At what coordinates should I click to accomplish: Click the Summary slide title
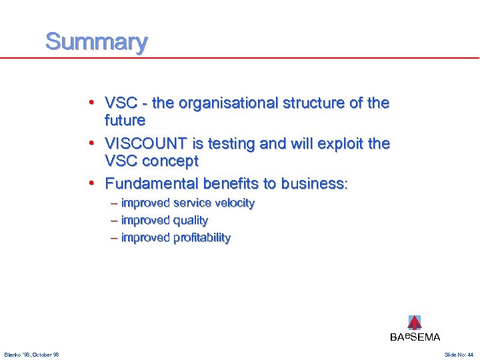(x=96, y=42)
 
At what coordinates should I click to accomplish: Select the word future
(x=125, y=121)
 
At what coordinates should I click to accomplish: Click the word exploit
(x=343, y=144)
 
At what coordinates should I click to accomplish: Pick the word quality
(x=191, y=220)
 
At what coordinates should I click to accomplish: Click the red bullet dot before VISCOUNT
(x=97, y=144)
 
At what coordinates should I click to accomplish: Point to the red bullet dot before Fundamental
(x=97, y=183)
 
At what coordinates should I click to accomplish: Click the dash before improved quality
(x=115, y=220)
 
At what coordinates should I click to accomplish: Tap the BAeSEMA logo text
(x=415, y=337)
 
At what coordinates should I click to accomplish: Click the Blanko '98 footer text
(x=31, y=355)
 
